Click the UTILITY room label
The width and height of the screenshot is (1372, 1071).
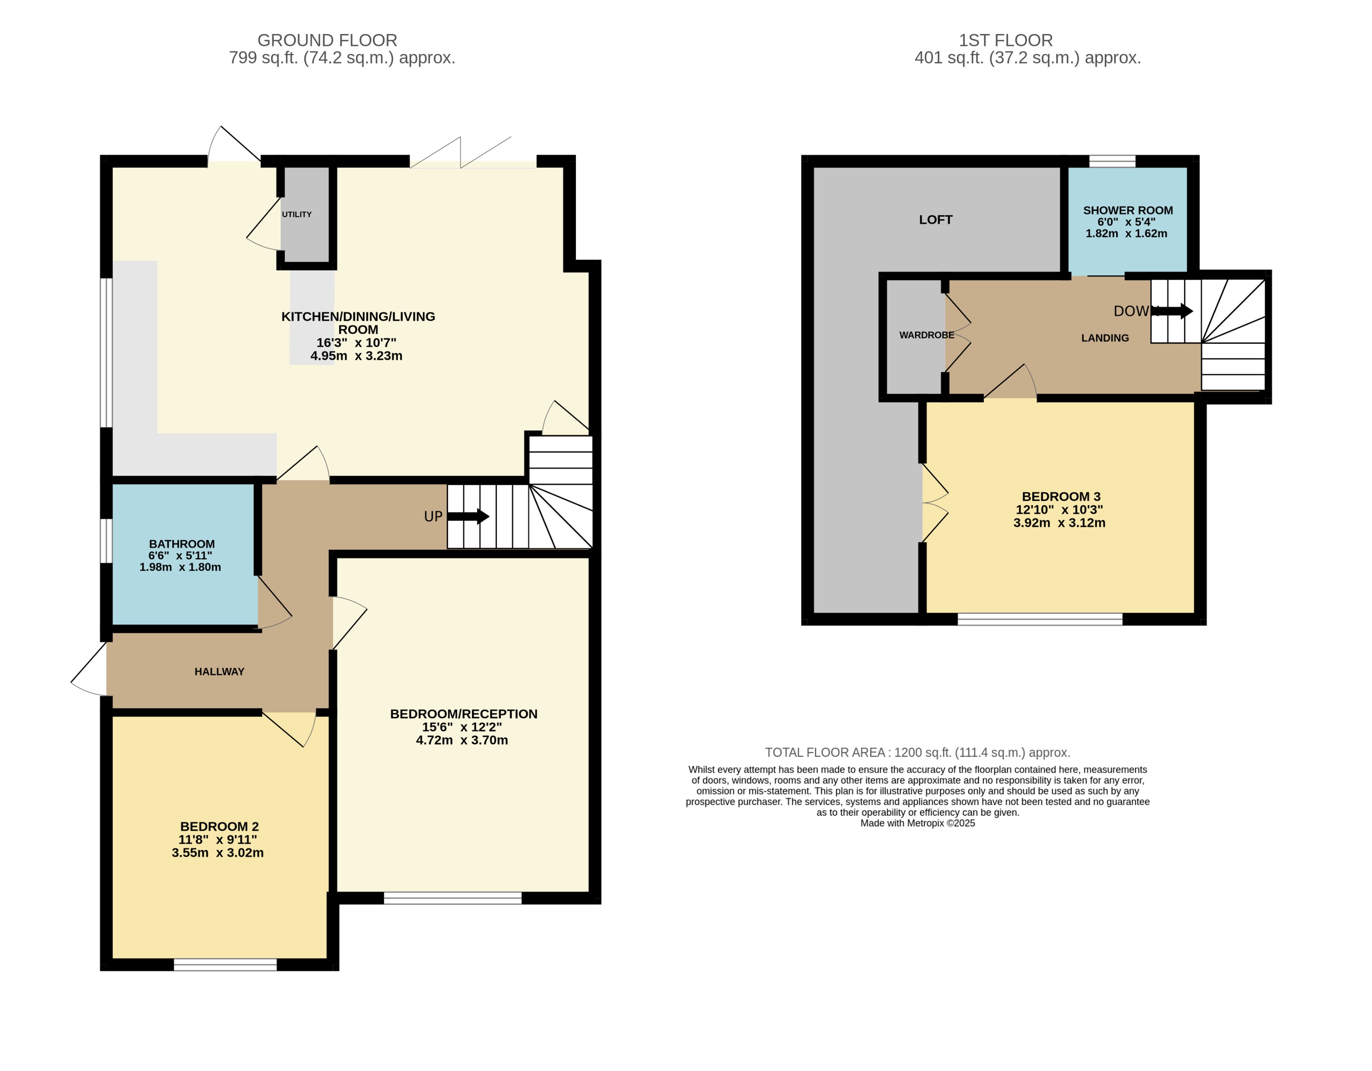click(297, 214)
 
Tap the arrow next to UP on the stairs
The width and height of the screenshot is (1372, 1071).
click(469, 516)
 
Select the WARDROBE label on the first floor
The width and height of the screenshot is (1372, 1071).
click(927, 335)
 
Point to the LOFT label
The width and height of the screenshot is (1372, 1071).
click(935, 220)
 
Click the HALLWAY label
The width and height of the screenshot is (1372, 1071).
click(219, 671)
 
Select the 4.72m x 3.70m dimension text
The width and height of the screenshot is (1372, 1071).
click(462, 740)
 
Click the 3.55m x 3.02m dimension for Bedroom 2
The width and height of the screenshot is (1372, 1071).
click(217, 853)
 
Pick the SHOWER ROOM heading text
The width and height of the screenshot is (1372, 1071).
click(1128, 210)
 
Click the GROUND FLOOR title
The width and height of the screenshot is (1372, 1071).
click(327, 40)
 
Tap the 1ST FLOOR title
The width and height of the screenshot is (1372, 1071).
click(1005, 40)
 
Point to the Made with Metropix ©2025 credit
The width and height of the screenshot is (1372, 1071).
click(917, 823)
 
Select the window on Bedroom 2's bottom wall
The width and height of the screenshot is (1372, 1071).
click(225, 965)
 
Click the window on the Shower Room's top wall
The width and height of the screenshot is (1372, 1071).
click(1112, 161)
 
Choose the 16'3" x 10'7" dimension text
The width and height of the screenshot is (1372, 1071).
click(356, 343)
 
